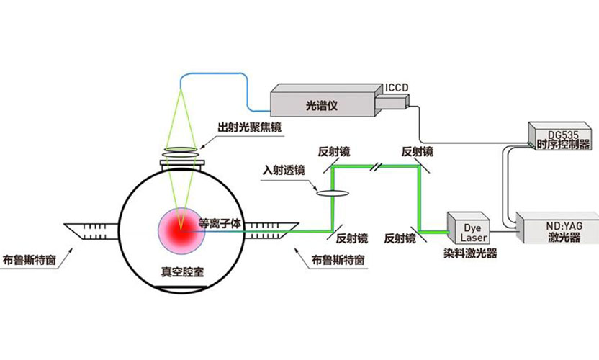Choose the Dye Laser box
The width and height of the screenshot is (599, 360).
pyautogui.click(x=468, y=229)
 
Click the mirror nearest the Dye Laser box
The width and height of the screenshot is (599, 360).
pyautogui.click(x=419, y=229)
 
